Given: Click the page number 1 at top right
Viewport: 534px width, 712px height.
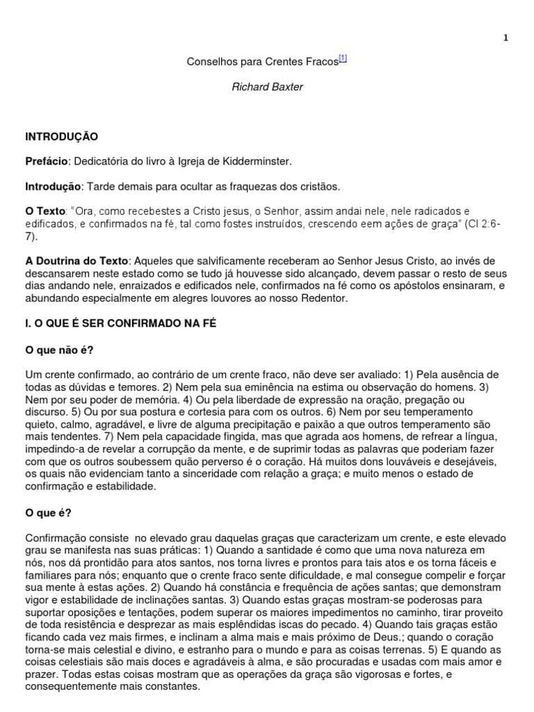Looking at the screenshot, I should tap(505, 38).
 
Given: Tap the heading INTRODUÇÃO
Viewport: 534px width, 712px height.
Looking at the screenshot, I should tap(62, 136).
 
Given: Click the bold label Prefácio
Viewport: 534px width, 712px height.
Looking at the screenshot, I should tap(47, 161).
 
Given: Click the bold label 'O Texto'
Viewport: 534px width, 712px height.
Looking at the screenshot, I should tap(44, 211).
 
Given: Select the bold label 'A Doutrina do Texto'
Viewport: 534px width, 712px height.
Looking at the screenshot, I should tap(76, 261).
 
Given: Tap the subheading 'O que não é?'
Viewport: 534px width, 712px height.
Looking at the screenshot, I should tap(58, 350).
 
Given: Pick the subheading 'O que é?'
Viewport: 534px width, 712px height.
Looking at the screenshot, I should tap(49, 513).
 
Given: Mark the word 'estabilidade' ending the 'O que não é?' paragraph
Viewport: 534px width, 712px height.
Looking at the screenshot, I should tap(127, 487).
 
